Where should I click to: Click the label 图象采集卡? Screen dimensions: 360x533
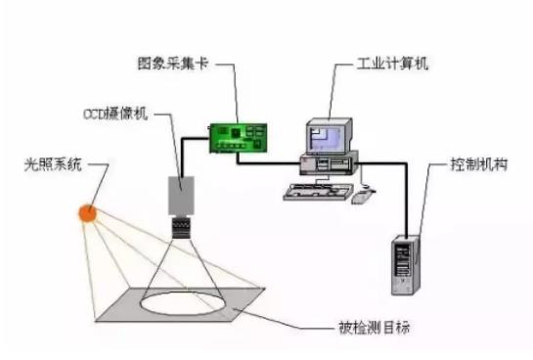coord(172,62)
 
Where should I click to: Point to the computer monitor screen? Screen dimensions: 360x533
coord(328,134)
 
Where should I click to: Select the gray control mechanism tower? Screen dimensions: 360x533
coord(406,264)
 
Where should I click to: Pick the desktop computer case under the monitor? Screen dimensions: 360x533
coord(327,161)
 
